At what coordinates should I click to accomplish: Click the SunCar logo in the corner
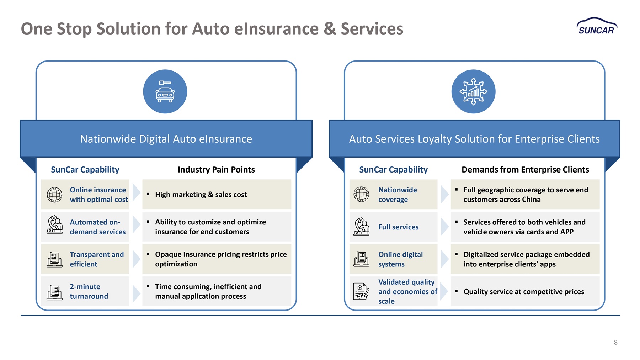point(597,26)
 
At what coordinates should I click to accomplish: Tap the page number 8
point(615,342)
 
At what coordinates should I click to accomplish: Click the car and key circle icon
point(165,91)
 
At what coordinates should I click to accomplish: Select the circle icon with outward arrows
point(473,91)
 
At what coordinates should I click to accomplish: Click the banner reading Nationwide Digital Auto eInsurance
point(166,139)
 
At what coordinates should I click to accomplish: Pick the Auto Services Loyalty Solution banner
point(474,139)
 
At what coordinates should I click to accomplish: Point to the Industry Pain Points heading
point(216,170)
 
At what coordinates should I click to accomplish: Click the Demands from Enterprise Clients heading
point(525,170)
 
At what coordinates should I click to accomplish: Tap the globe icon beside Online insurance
point(55,195)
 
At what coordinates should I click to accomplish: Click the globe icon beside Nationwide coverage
point(361,194)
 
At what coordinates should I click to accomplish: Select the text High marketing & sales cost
point(201,195)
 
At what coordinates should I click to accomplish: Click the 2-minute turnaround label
point(89,291)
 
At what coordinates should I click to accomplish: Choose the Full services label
point(398,227)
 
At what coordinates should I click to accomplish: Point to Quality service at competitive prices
point(524,292)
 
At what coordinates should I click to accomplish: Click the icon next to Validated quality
point(361,291)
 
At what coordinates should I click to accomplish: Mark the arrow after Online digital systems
point(444,259)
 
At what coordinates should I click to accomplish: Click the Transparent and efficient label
point(97,259)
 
